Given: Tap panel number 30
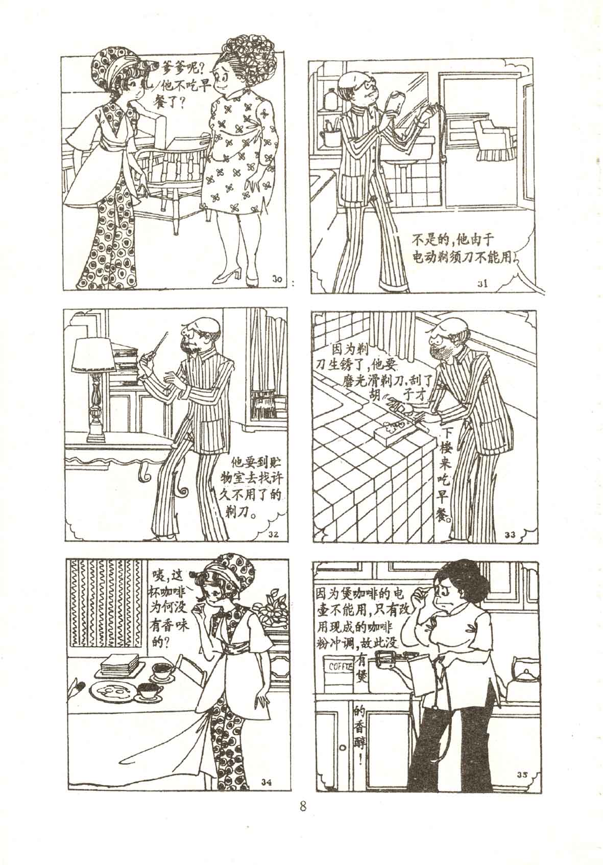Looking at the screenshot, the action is [277, 278].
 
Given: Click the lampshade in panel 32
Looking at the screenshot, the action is [93, 355].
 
